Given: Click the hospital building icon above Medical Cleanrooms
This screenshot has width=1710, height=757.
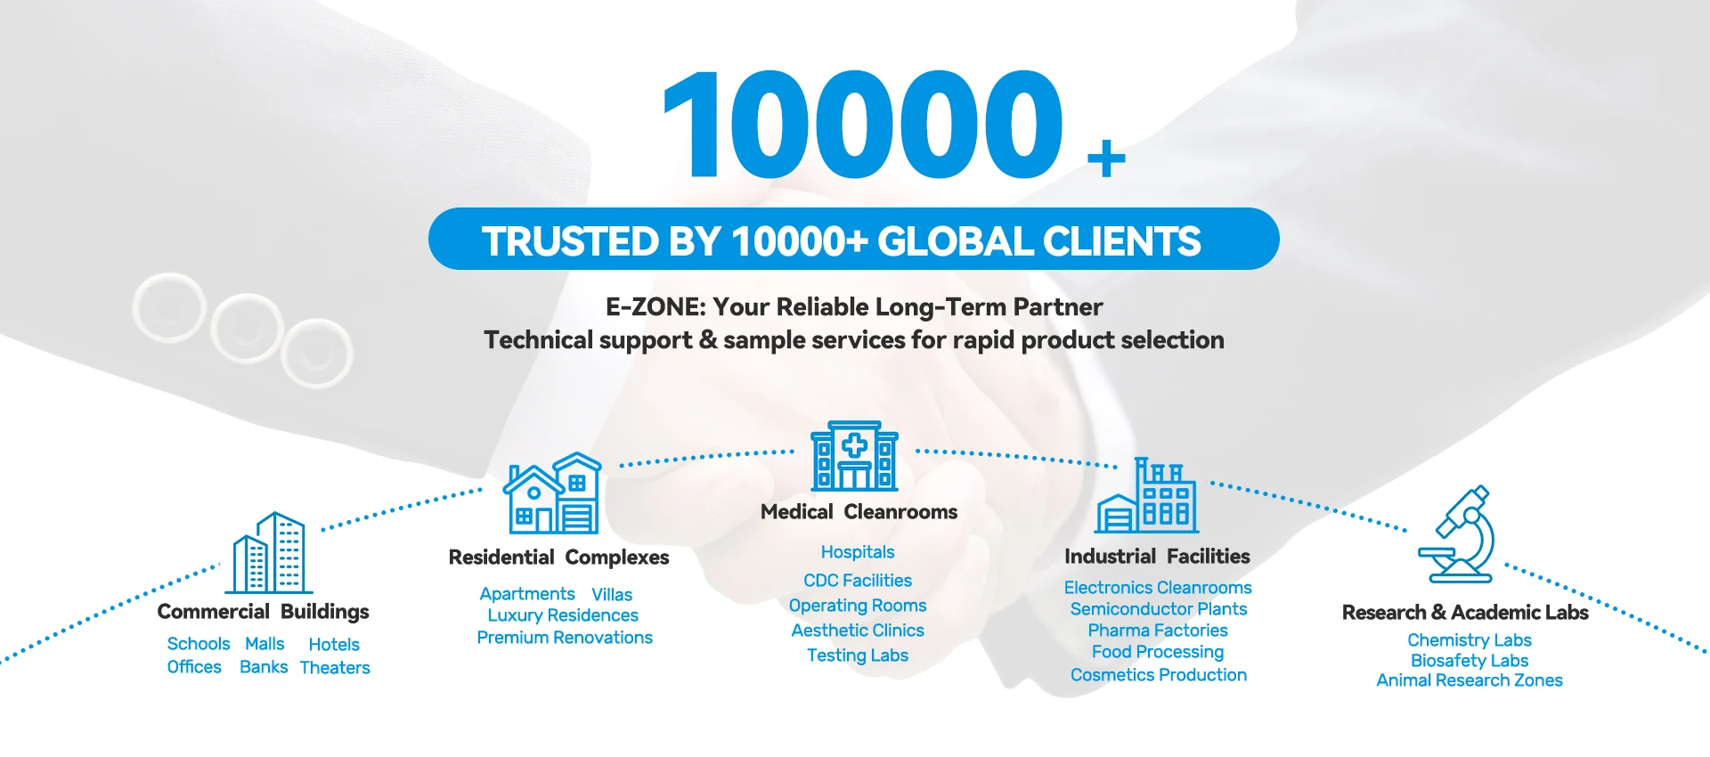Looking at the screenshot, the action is (x=854, y=456).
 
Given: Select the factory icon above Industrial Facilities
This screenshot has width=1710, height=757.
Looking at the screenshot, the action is (x=1147, y=496).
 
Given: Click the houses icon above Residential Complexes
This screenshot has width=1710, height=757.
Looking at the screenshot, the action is (x=553, y=493).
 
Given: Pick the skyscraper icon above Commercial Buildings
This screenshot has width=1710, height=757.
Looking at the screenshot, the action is (x=269, y=553).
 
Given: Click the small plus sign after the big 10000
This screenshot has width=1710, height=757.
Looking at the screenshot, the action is (x=1106, y=159).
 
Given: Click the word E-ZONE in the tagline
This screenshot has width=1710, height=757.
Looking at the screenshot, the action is (x=655, y=307).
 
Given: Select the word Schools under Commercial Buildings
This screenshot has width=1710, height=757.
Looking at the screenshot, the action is (x=199, y=644).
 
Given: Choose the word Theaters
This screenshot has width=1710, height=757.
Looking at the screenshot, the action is (x=335, y=668).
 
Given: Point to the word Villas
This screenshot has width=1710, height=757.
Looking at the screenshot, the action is (x=612, y=595).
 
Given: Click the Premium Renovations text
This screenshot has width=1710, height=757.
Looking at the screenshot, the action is (x=565, y=638).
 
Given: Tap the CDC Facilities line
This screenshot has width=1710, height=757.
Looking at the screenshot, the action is (x=858, y=581).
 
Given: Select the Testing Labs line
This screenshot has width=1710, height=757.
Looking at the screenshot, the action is (x=858, y=655).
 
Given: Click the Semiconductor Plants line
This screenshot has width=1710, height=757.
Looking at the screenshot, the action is (x=1158, y=609).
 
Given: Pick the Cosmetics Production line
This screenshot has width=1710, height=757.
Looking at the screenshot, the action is (x=1158, y=675).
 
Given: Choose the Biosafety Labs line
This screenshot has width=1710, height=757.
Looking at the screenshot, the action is (x=1470, y=661).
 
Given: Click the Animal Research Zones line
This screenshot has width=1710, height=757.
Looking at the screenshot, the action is (x=1470, y=680).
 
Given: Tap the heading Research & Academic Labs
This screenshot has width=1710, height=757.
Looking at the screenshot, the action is (x=1465, y=613).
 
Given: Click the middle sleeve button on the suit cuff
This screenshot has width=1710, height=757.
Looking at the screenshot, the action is (x=246, y=327).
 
